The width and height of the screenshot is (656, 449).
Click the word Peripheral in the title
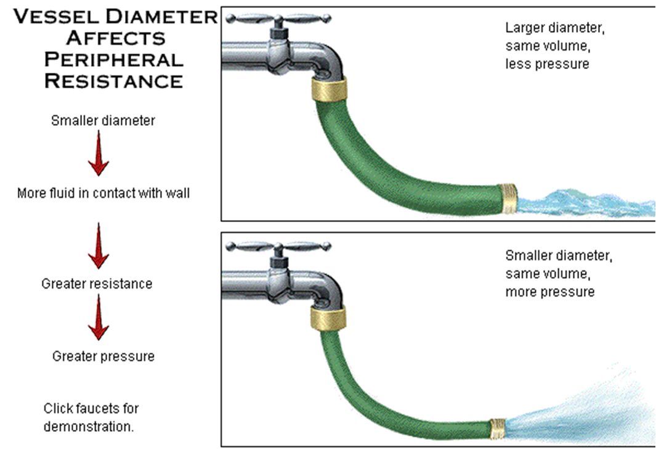(114, 59)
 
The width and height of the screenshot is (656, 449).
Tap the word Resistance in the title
(114, 81)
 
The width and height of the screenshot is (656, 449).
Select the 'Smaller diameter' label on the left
(103, 121)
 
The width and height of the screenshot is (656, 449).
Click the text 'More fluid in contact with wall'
(103, 193)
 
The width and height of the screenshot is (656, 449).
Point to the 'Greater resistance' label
(97, 284)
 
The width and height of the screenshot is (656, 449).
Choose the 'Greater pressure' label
(103, 356)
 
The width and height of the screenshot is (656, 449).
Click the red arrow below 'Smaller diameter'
(99, 153)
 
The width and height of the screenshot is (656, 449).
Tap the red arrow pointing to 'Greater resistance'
(99, 245)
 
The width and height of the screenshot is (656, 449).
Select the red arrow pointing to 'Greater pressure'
(99, 316)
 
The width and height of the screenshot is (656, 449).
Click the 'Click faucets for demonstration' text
(91, 417)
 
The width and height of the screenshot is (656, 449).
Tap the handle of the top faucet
(278, 19)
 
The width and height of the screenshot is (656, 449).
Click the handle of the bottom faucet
(278, 246)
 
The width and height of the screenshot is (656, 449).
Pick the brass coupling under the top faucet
(330, 89)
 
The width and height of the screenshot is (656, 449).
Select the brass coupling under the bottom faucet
(328, 318)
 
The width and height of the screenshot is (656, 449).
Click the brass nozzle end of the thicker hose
(509, 199)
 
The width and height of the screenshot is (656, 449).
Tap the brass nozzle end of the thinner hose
(498, 429)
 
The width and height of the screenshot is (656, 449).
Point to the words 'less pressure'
(547, 64)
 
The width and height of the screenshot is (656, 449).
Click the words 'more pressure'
(549, 292)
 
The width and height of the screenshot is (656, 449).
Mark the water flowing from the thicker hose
(586, 203)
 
